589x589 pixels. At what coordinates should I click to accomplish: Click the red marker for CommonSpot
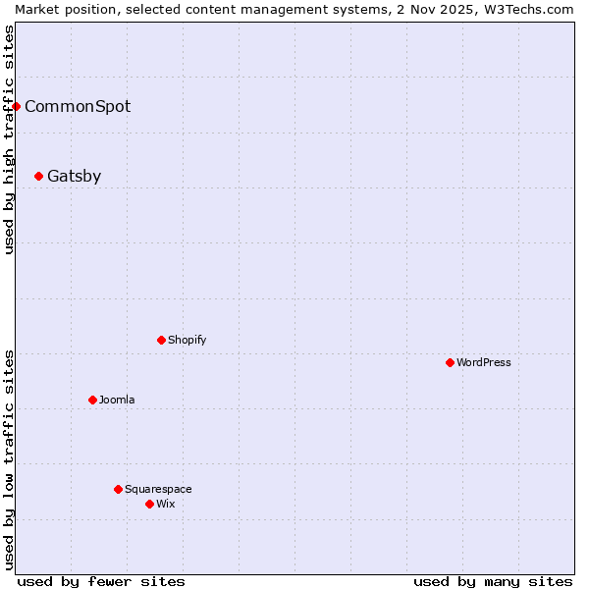17,106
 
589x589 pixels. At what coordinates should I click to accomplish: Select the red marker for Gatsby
39,177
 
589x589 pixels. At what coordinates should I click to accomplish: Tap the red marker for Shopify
162,341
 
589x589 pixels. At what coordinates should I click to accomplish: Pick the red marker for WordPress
451,363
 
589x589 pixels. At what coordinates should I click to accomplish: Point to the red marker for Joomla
93,401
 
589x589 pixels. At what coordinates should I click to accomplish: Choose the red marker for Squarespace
119,490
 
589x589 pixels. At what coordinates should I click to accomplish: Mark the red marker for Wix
150,505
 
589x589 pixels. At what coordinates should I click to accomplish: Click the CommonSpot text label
78,107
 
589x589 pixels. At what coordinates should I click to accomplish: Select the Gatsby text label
75,177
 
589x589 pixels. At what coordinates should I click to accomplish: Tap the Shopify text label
187,341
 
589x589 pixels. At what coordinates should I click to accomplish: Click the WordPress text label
484,363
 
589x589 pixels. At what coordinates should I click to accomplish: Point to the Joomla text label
118,401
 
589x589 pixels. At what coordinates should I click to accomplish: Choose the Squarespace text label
159,490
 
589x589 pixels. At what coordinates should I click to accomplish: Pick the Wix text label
166,505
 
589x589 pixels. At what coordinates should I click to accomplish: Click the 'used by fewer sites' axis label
101,581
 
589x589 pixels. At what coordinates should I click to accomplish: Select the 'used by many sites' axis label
493,581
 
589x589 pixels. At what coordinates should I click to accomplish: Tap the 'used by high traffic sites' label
9,139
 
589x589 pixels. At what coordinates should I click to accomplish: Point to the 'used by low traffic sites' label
9,459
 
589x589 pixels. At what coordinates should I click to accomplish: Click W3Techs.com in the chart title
529,9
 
